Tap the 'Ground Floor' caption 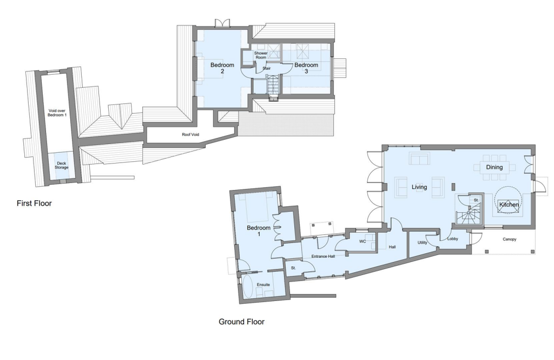(241, 322)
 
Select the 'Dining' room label (494, 167)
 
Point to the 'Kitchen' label (509, 205)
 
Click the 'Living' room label (419, 187)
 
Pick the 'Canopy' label (510, 239)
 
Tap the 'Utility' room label (423, 243)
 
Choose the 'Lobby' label (453, 239)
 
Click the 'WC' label (363, 241)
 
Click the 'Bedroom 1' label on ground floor (258, 231)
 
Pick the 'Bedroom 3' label (306, 68)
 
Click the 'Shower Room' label (261, 56)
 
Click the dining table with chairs (495, 167)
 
